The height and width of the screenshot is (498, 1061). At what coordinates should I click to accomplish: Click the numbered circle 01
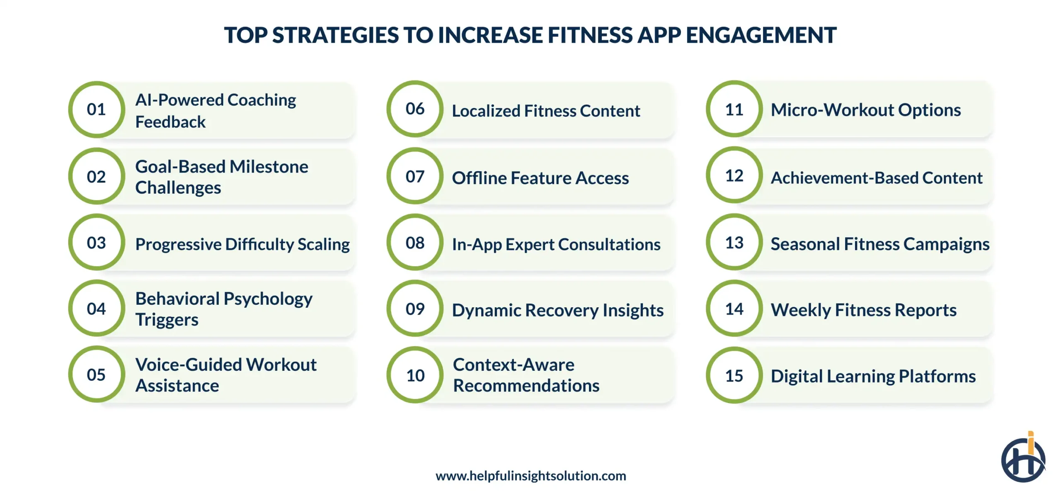point(97,109)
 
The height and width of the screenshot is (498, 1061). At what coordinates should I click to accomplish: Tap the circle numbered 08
point(415,243)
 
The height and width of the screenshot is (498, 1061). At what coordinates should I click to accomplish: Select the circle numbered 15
point(734,376)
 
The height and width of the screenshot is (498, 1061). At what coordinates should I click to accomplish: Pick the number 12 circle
point(734,176)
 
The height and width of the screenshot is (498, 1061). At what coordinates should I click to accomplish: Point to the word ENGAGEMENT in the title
point(761,35)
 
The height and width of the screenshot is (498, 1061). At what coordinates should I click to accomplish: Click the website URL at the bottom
point(530,476)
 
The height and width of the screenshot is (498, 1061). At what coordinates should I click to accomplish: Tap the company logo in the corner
point(1023,459)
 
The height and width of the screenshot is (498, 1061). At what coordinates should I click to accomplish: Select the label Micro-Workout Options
point(865,110)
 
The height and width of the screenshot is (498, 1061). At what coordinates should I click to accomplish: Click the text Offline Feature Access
point(540,178)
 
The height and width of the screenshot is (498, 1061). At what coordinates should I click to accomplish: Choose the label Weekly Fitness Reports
point(863,310)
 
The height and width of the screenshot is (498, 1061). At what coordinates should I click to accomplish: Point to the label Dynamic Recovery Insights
point(557,310)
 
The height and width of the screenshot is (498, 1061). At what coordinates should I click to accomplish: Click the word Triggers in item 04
point(167,320)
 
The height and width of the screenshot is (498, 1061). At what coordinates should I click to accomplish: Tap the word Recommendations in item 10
point(526,386)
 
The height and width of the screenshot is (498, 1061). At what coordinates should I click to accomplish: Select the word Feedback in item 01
point(170,122)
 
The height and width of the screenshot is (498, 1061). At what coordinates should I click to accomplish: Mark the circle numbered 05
point(97,374)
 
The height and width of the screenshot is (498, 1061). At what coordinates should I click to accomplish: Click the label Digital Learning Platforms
point(873,376)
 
